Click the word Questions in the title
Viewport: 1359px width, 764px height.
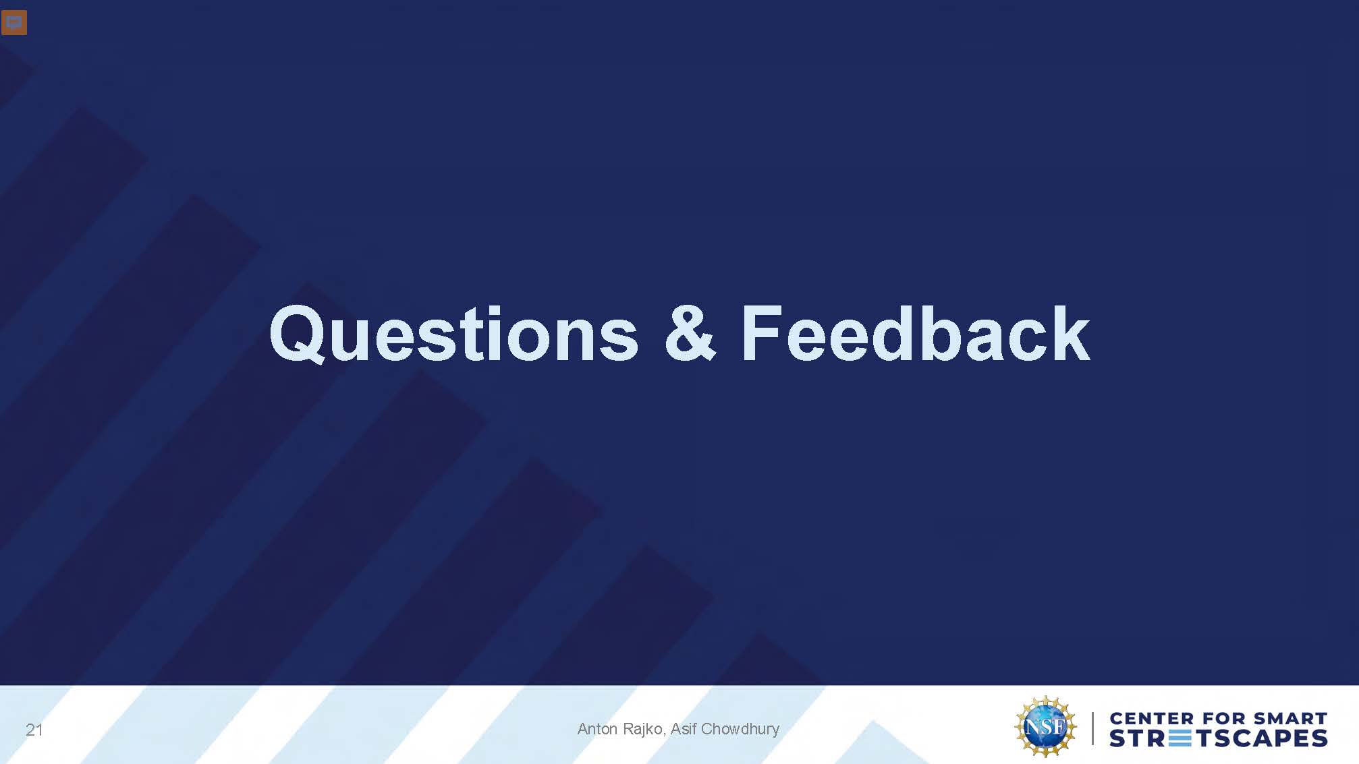click(x=453, y=334)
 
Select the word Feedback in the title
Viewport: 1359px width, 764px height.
click(x=916, y=333)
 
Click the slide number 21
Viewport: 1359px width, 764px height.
click(x=34, y=730)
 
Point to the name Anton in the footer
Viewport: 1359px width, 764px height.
click(x=597, y=729)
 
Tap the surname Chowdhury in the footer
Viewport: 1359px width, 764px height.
click(x=740, y=730)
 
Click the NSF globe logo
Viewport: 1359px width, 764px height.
click(x=1045, y=727)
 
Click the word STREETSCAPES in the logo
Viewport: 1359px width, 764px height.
click(x=1219, y=738)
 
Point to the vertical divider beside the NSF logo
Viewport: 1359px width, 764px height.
click(x=1093, y=728)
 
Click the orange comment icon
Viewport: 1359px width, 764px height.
click(x=14, y=22)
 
